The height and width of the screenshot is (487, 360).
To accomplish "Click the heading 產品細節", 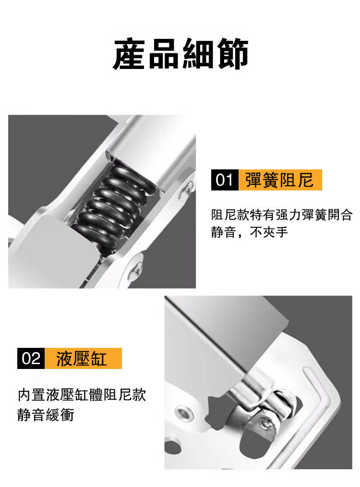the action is [180, 54].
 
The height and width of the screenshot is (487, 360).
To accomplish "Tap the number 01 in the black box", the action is [225, 180].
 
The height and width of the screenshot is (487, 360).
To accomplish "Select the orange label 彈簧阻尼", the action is [280, 180].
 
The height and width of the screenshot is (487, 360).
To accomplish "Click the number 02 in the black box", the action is [31, 358].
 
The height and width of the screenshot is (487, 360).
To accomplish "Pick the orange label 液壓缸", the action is [83, 358].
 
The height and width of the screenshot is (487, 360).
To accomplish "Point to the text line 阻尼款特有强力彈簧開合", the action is [282, 214].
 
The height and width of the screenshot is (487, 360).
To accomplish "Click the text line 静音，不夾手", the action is [250, 232].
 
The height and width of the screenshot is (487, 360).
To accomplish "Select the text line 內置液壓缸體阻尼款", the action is [82, 394].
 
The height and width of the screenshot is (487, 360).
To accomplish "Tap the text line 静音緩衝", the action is [46, 415].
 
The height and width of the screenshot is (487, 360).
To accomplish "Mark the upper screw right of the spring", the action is [188, 188].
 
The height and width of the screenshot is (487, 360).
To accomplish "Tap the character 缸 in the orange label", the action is [98, 359].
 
